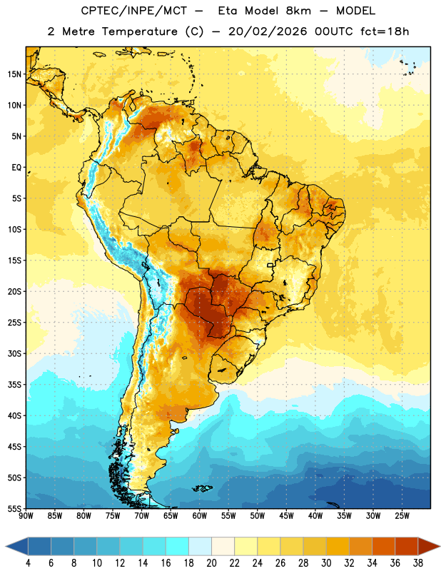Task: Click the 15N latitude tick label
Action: coord(14,74)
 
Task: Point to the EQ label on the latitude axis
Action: coord(16,168)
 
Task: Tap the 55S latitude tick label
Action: coord(14,508)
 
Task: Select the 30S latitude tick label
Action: coord(14,353)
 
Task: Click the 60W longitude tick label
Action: coord(200,516)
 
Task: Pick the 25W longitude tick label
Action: coord(402,516)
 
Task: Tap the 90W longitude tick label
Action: coord(26,516)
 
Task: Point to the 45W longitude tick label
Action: coord(286,516)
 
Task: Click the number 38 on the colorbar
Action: coord(417,563)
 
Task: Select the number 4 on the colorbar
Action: coord(28,563)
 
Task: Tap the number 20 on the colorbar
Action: coord(211,563)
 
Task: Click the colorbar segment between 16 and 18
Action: coord(178,546)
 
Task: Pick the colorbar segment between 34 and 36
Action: coord(384,546)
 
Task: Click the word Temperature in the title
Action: coord(139,31)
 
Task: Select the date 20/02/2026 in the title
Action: coord(268,31)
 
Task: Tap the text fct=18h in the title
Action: coord(385,31)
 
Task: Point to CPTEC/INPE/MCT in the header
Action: coord(134,11)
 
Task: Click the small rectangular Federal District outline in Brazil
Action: coord(270,265)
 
